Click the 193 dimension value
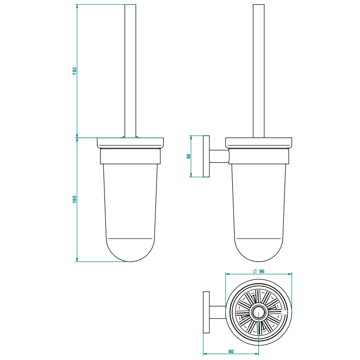pos(74,71)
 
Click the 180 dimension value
pos(74,199)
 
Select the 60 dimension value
pos(189,156)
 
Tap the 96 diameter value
pos(262,272)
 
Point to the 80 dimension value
pos(231,352)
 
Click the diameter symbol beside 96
pos(255,272)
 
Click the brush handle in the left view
pos(130,71)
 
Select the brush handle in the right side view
pos(259,71)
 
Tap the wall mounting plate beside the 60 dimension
pos(206,156)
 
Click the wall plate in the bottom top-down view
pos(206,312)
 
